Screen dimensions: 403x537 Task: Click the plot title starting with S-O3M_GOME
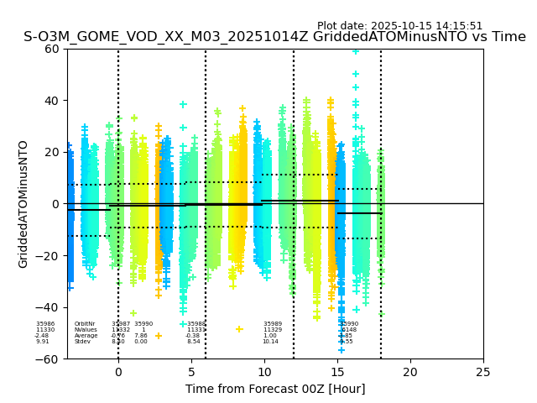[274, 37]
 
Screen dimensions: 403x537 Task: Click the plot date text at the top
[399, 26]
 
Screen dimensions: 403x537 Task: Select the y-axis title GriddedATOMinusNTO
[23, 204]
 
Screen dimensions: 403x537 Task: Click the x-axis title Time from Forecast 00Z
[275, 389]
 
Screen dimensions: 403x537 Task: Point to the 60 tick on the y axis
[51, 49]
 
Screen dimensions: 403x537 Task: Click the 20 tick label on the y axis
[51, 152]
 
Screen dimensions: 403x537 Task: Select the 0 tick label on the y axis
[55, 204]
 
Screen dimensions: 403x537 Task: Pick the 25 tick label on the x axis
[483, 372]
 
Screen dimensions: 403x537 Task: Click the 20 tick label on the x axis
[410, 372]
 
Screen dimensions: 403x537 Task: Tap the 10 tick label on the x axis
[264, 372]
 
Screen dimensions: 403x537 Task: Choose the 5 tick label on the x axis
[191, 372]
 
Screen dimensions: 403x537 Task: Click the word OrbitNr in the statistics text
[85, 324]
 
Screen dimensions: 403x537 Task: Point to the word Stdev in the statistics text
[82, 342]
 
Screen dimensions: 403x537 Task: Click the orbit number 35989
[273, 324]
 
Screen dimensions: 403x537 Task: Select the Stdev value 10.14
[270, 342]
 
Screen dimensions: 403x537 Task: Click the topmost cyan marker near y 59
[356, 51]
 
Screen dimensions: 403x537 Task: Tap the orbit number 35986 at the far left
[45, 324]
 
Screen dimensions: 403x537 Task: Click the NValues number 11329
[273, 330]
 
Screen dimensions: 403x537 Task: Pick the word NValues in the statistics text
[85, 330]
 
